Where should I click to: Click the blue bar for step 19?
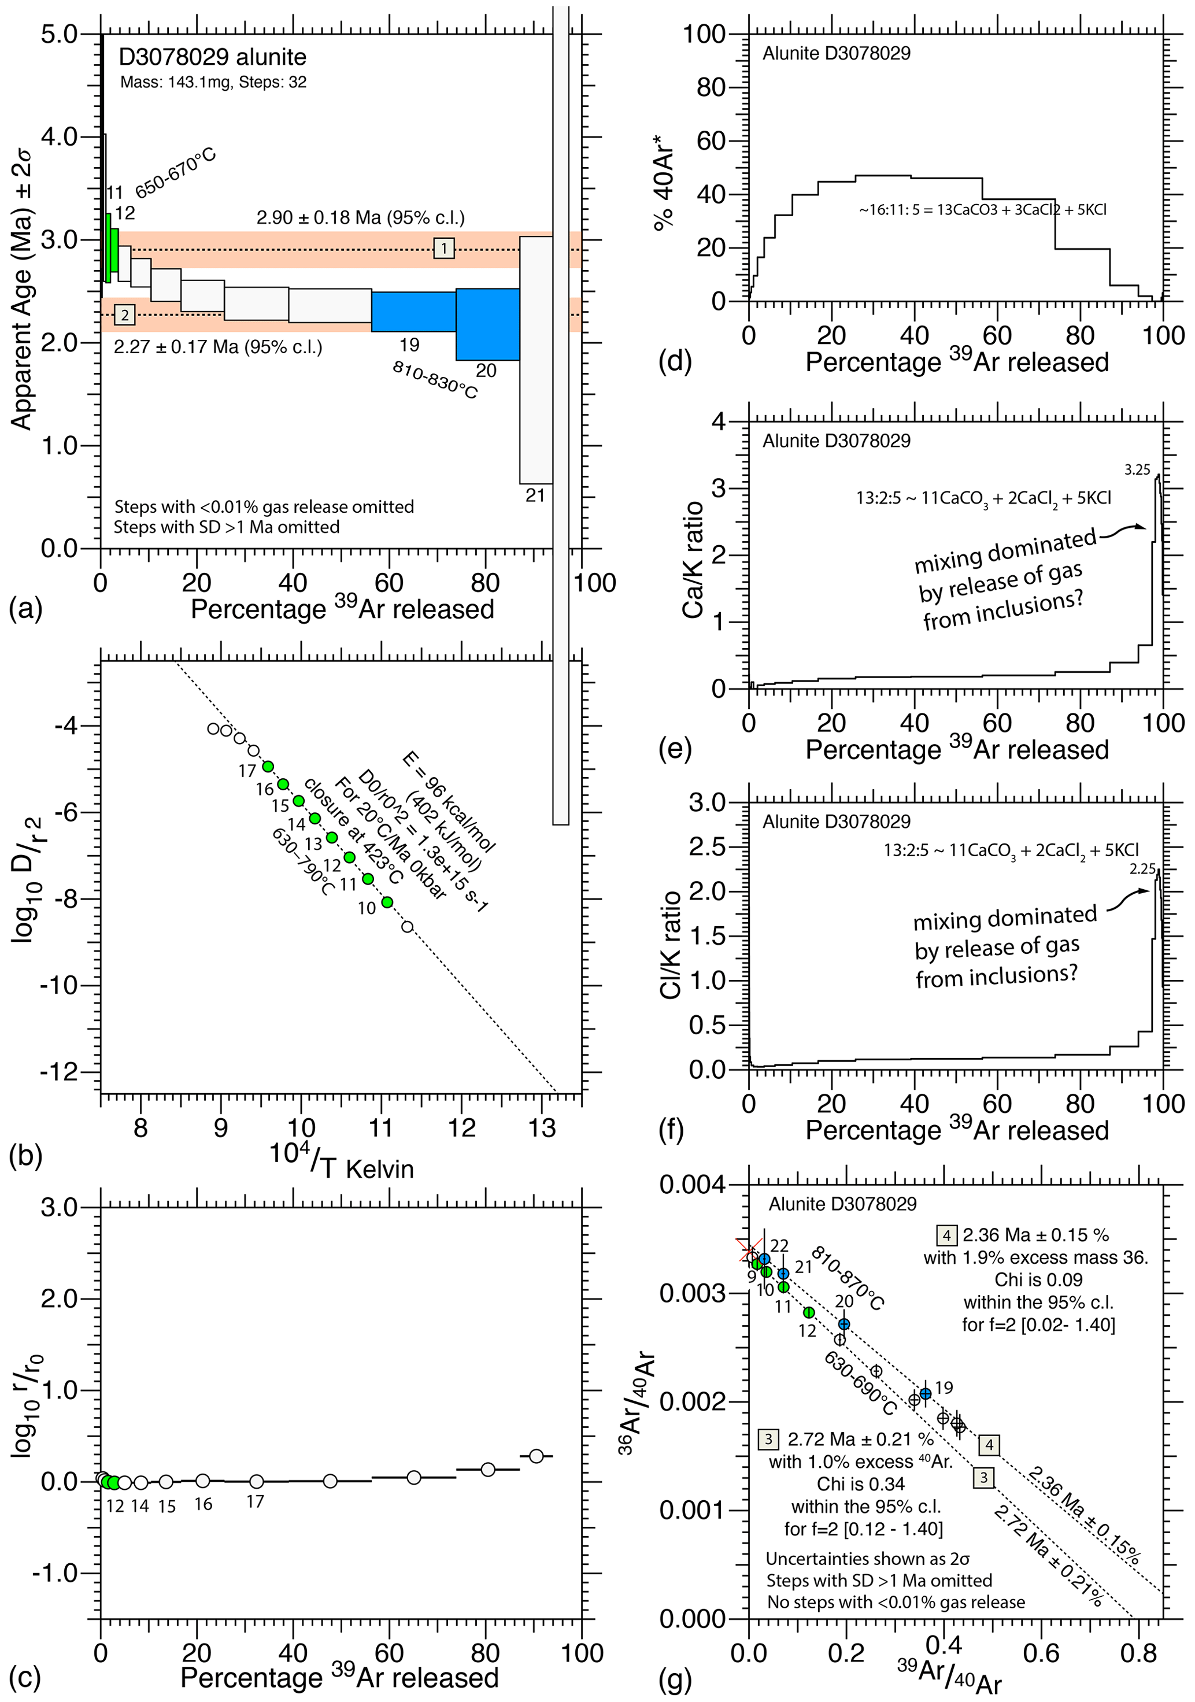[413, 312]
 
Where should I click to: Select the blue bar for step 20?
[487, 324]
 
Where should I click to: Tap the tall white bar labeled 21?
[535, 360]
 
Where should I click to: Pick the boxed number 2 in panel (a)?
[124, 315]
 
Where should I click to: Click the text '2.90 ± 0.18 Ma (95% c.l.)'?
[360, 218]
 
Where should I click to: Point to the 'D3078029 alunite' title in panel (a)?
[212, 57]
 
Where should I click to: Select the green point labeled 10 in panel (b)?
[387, 902]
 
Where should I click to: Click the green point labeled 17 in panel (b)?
[268, 767]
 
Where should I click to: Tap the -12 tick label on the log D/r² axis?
[68, 1072]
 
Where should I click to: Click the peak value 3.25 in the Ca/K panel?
[1137, 469]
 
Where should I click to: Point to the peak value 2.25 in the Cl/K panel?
[1142, 869]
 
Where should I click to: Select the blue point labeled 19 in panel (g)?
[925, 1394]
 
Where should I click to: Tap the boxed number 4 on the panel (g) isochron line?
[988, 1445]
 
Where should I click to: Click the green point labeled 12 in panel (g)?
[809, 1313]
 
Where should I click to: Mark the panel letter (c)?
[25, 1678]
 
